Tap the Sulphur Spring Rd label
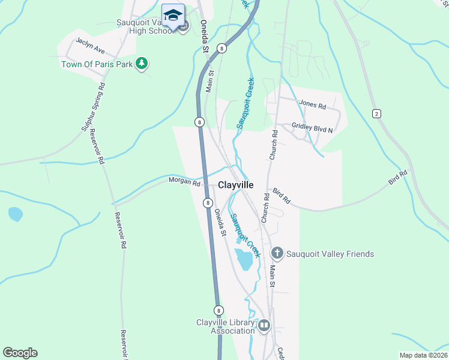point(94,107)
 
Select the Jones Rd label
point(312,106)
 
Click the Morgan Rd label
point(184,181)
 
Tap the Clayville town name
point(236,185)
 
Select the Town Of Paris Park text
point(97,64)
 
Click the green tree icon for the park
point(142,63)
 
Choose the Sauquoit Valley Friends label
point(330,254)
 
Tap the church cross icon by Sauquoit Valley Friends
point(277,254)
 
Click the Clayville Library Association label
point(226,326)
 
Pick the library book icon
point(264,326)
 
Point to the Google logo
point(20,353)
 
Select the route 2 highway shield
point(376,113)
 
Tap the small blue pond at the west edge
point(16,214)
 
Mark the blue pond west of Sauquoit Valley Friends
point(244,259)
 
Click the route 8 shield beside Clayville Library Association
point(220,310)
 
